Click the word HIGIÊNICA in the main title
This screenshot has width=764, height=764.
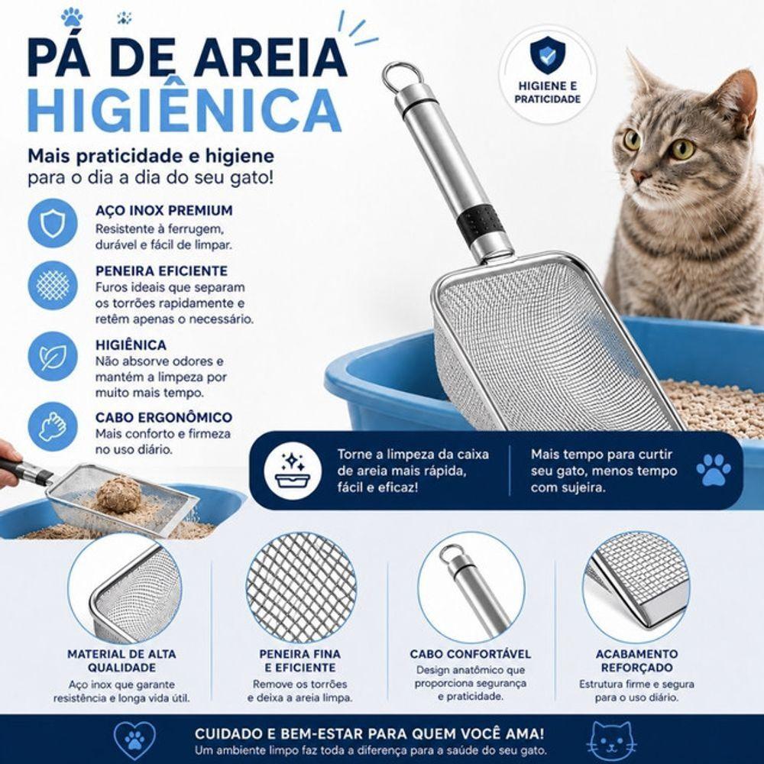click(185, 109)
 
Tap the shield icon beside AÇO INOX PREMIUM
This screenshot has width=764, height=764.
click(53, 223)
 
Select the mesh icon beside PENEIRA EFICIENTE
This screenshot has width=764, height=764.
click(53, 285)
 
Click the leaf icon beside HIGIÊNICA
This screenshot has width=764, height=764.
click(53, 357)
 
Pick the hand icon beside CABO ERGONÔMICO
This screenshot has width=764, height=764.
click(53, 427)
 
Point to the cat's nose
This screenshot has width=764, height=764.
click(638, 175)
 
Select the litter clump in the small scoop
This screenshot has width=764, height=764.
click(119, 494)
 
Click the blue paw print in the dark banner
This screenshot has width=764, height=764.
click(714, 470)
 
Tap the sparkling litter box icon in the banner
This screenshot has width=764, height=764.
click(293, 471)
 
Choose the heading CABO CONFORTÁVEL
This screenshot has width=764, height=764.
click(470, 654)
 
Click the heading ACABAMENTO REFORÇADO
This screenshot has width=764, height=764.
click(636, 661)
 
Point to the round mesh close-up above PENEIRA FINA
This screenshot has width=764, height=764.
click(301, 588)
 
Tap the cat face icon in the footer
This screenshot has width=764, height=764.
click(611, 742)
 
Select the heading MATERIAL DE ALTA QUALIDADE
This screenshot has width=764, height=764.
click(121, 661)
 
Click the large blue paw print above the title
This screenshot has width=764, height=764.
click(72, 17)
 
